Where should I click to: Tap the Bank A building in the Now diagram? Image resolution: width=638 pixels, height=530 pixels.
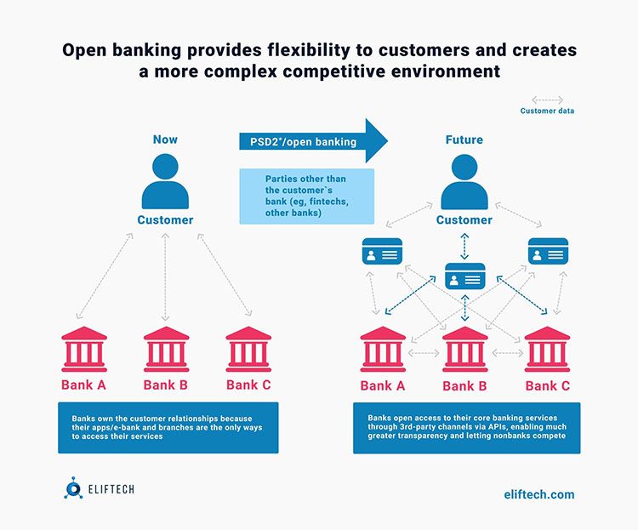pyautogui.click(x=83, y=349)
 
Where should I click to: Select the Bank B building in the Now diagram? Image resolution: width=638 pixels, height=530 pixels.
pyautogui.click(x=166, y=349)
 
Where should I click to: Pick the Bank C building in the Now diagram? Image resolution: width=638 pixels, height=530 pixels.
pyautogui.click(x=248, y=349)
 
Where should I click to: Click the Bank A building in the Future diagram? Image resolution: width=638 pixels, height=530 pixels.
pyautogui.click(x=383, y=349)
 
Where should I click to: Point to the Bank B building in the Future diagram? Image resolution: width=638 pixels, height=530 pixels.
pyautogui.click(x=464, y=349)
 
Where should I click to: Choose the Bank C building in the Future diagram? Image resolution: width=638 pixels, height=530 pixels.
pyautogui.click(x=547, y=349)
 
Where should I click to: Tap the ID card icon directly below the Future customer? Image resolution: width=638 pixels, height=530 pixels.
pyautogui.click(x=464, y=277)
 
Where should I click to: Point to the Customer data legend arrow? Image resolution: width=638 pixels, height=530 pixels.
pyautogui.click(x=547, y=100)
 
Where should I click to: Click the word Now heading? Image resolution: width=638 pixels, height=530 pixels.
pyautogui.click(x=165, y=140)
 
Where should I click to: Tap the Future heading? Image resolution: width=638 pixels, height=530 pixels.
pyautogui.click(x=464, y=140)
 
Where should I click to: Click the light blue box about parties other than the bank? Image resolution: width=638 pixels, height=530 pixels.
pyautogui.click(x=306, y=196)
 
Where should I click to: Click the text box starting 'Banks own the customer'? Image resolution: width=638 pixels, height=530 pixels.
pyautogui.click(x=168, y=427)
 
